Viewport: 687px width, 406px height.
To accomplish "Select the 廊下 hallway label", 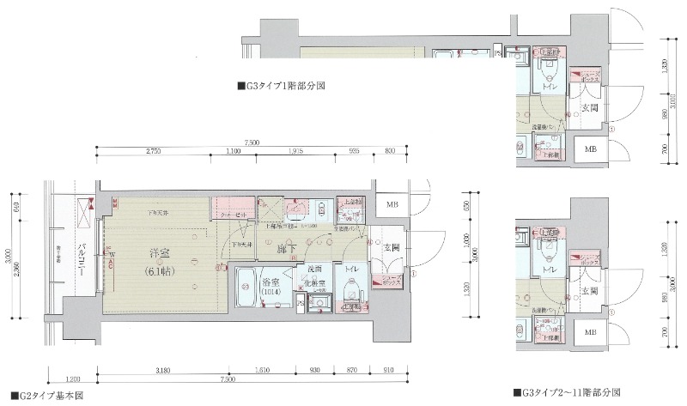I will pos(287,250).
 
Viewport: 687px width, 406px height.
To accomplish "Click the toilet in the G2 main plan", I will pos(351,294).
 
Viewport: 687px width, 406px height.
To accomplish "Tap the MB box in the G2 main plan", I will pos(392,205).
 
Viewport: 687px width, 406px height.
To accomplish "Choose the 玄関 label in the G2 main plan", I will pos(392,248).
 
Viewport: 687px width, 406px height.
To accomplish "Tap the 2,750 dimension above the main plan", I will pos(155,152).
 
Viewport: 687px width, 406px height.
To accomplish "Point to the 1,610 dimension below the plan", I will pos(264,371).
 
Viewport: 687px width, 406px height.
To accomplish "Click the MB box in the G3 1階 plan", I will pos(591,149).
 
